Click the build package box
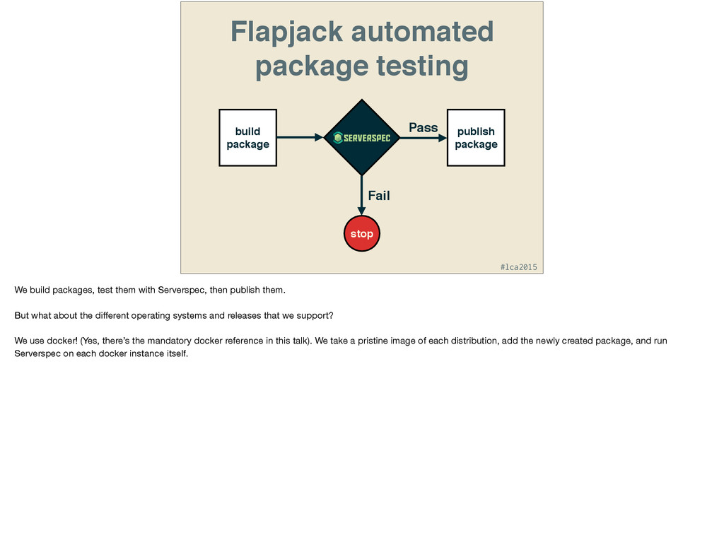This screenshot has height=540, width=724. tap(247, 138)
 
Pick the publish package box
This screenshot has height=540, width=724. tap(476, 138)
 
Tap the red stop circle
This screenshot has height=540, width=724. tap(361, 233)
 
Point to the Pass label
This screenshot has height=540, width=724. tap(424, 127)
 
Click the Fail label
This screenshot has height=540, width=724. tap(379, 195)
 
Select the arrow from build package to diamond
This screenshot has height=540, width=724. tap(300, 138)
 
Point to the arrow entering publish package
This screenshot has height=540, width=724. tap(424, 139)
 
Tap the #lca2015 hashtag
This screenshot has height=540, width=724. tap(518, 266)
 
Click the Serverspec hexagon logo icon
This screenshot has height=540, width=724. tap(338, 138)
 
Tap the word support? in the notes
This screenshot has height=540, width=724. tap(316, 315)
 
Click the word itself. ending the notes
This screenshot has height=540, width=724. tap(175, 353)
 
